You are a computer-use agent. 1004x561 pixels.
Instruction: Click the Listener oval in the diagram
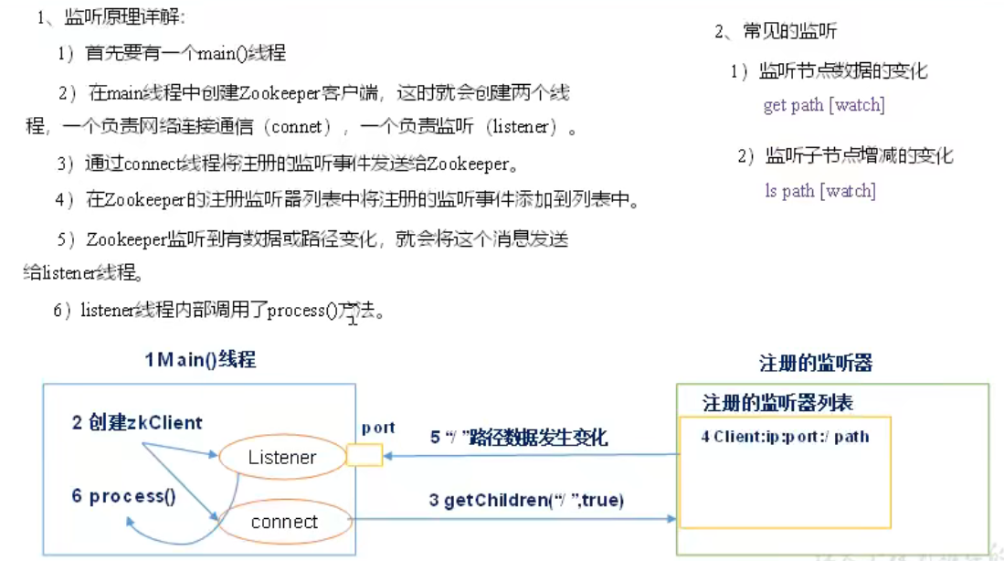pos(281,457)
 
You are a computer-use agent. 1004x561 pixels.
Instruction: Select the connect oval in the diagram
pos(284,522)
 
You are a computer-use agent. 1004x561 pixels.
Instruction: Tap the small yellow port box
pos(365,454)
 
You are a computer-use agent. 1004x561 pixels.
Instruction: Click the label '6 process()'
pos(124,496)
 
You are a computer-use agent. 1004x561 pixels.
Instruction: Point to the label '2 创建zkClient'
pos(137,422)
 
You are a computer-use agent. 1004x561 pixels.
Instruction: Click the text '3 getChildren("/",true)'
pos(527,500)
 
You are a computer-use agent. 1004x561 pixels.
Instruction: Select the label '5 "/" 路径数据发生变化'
pos(519,438)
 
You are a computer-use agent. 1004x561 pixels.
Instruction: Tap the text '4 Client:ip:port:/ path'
pos(785,437)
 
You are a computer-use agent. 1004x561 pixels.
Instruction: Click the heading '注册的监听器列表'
pos(777,403)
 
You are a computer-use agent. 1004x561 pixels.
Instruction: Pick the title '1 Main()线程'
pos(200,359)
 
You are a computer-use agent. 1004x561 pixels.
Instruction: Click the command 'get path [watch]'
pos(823,105)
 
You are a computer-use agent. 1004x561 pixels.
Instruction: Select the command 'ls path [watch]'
pos(819,191)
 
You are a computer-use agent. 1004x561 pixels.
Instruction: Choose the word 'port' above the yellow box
pos(377,427)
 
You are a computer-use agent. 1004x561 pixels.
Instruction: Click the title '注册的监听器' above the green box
pos(816,363)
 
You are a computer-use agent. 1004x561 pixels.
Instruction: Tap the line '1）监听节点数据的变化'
pos(830,71)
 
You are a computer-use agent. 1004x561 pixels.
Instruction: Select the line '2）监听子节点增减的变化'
pos(845,155)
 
